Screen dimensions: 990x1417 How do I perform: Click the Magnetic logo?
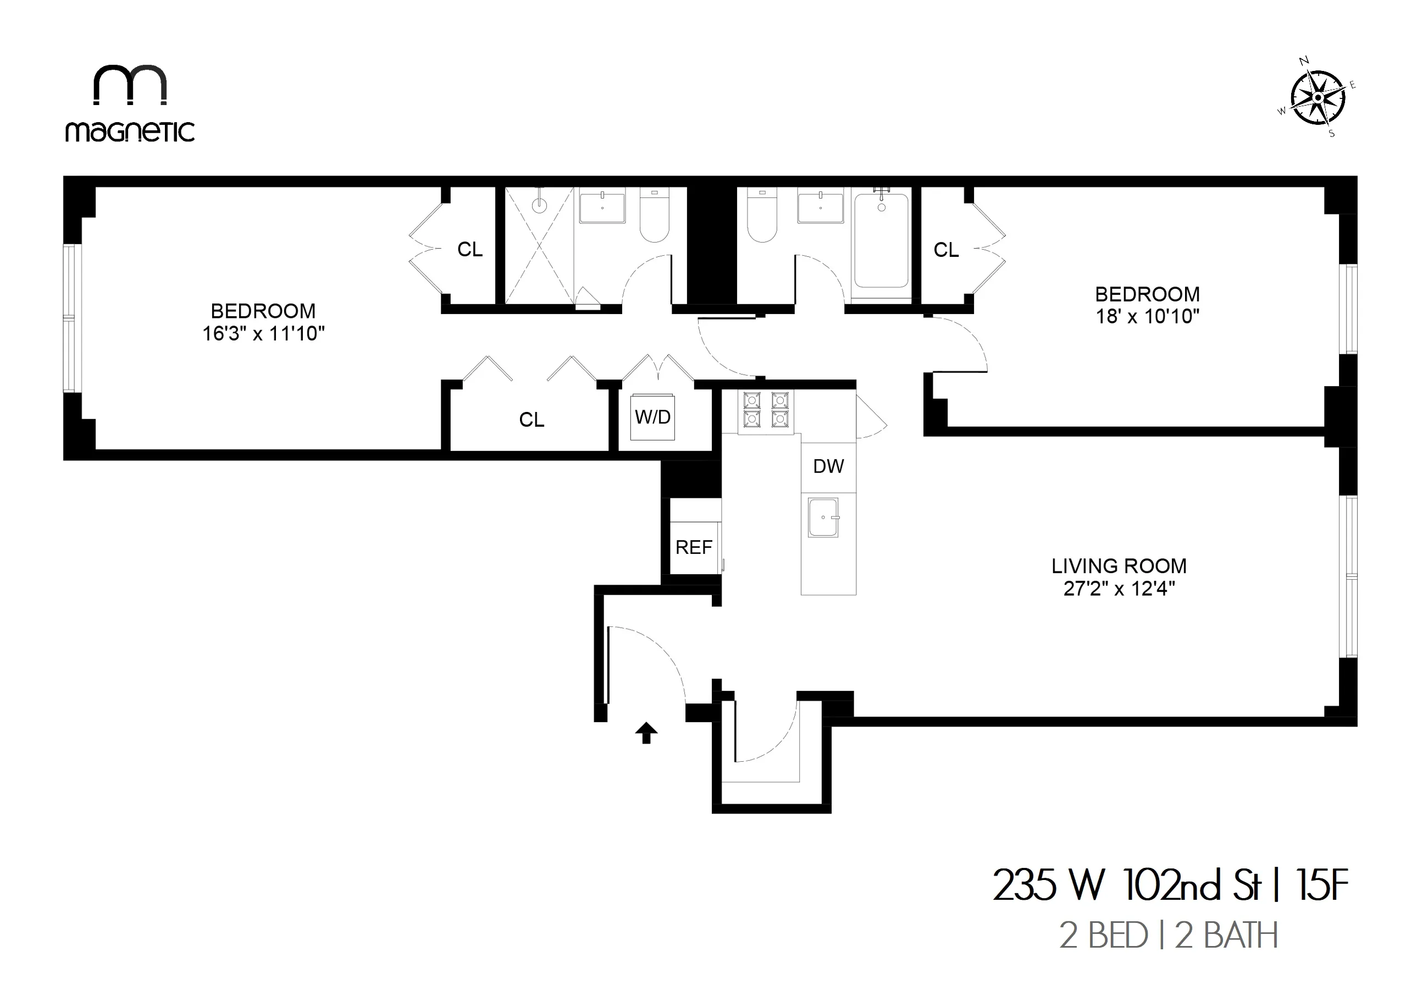pyautogui.click(x=130, y=103)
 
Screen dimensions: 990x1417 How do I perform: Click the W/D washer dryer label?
pyautogui.click(x=652, y=417)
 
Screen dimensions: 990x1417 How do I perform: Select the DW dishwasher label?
pyautogui.click(x=828, y=467)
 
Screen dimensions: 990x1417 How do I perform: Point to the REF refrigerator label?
pyautogui.click(x=694, y=547)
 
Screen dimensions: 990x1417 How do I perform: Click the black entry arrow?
pyautogui.click(x=646, y=733)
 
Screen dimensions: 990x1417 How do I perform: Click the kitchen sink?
pyautogui.click(x=823, y=518)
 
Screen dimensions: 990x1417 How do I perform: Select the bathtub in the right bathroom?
pyautogui.click(x=881, y=241)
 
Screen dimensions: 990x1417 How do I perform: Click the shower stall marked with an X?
pyautogui.click(x=539, y=246)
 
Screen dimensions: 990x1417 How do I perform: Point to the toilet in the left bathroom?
pyautogui.click(x=655, y=216)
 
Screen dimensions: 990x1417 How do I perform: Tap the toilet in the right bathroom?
pyautogui.click(x=762, y=216)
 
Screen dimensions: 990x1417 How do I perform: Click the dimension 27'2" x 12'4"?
pyautogui.click(x=1119, y=589)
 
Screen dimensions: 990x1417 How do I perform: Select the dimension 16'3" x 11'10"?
pyautogui.click(x=263, y=334)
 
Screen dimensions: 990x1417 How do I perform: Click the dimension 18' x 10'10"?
pyautogui.click(x=1147, y=317)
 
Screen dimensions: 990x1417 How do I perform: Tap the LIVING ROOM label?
pyautogui.click(x=1119, y=566)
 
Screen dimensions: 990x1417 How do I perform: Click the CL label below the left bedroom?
pyautogui.click(x=532, y=420)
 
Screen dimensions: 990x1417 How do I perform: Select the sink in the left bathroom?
pyautogui.click(x=602, y=207)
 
